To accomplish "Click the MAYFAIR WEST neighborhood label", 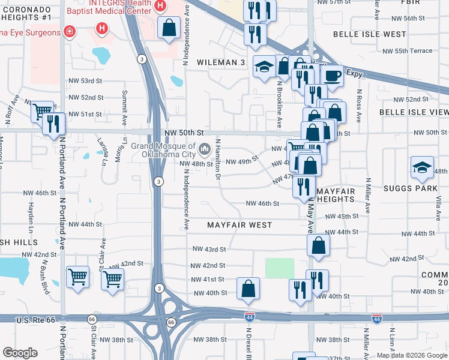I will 240,225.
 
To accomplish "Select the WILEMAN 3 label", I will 222,62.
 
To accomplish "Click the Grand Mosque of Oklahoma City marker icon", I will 205,148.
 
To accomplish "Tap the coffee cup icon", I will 331,76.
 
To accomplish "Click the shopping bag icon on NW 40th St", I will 248,289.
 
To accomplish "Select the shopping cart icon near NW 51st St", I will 41,110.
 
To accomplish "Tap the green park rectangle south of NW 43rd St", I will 280,268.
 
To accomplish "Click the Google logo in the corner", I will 20,353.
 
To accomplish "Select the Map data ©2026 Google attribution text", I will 412,355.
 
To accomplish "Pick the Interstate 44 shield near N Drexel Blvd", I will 249,316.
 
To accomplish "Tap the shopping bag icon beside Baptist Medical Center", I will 169,26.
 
